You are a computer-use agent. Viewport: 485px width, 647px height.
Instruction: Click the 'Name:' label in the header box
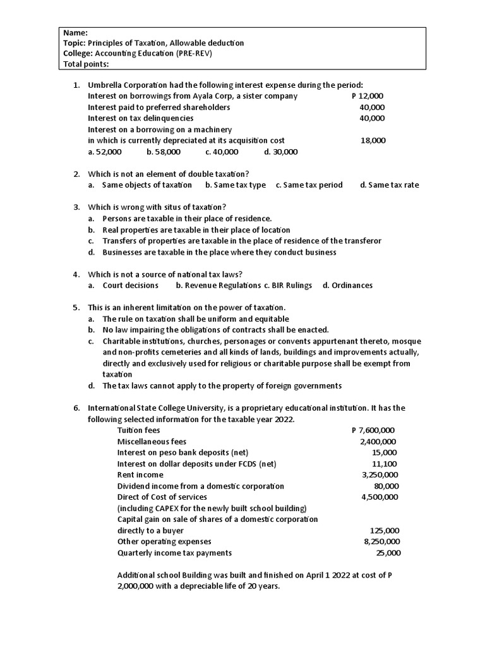76,32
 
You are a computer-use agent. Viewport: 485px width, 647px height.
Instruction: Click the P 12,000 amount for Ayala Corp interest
367,96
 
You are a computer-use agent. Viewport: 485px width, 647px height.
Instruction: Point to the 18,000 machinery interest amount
373,140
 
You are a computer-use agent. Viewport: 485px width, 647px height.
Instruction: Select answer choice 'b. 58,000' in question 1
164,152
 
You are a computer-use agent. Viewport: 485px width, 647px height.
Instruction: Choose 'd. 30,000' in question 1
280,152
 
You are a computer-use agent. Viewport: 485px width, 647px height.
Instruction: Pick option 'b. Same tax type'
236,185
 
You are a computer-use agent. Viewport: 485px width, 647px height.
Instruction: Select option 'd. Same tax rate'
389,185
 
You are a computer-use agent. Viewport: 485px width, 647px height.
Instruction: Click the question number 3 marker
76,207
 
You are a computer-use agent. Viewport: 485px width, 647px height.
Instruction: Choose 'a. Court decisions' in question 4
124,285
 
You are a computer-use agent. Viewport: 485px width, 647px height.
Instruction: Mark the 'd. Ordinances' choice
347,285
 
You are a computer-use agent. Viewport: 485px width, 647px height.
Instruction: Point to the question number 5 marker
76,308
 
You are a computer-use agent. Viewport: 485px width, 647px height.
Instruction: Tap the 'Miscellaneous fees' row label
152,442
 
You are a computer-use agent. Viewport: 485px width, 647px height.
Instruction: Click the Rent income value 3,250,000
380,475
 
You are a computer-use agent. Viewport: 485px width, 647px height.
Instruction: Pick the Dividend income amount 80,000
386,486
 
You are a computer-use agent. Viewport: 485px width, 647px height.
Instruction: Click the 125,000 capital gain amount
384,531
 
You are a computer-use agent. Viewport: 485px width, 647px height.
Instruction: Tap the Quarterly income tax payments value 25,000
388,553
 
